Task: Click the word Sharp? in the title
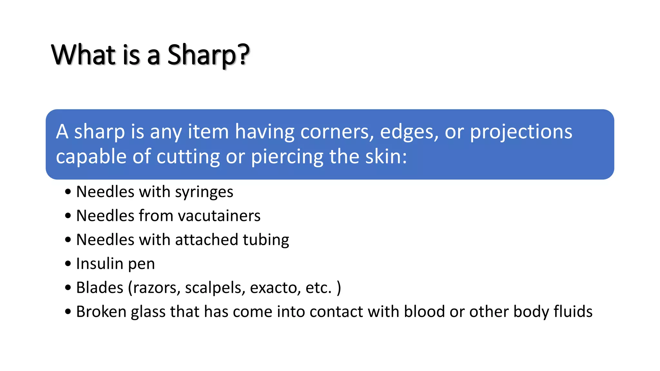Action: pos(208,55)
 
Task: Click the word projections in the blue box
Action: pos(521,132)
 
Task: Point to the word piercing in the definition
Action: pos(287,157)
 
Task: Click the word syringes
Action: pos(204,192)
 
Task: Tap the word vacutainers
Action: pos(219,216)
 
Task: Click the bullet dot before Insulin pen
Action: pos(68,264)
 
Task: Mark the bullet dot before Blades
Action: pos(68,288)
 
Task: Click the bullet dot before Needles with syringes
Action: pos(68,192)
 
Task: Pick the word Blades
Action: pos(100,288)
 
